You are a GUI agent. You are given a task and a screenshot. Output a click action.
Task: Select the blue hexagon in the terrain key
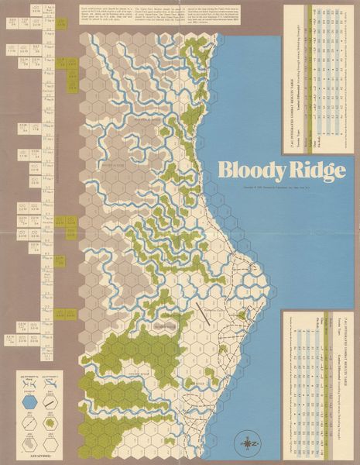[29, 402]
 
